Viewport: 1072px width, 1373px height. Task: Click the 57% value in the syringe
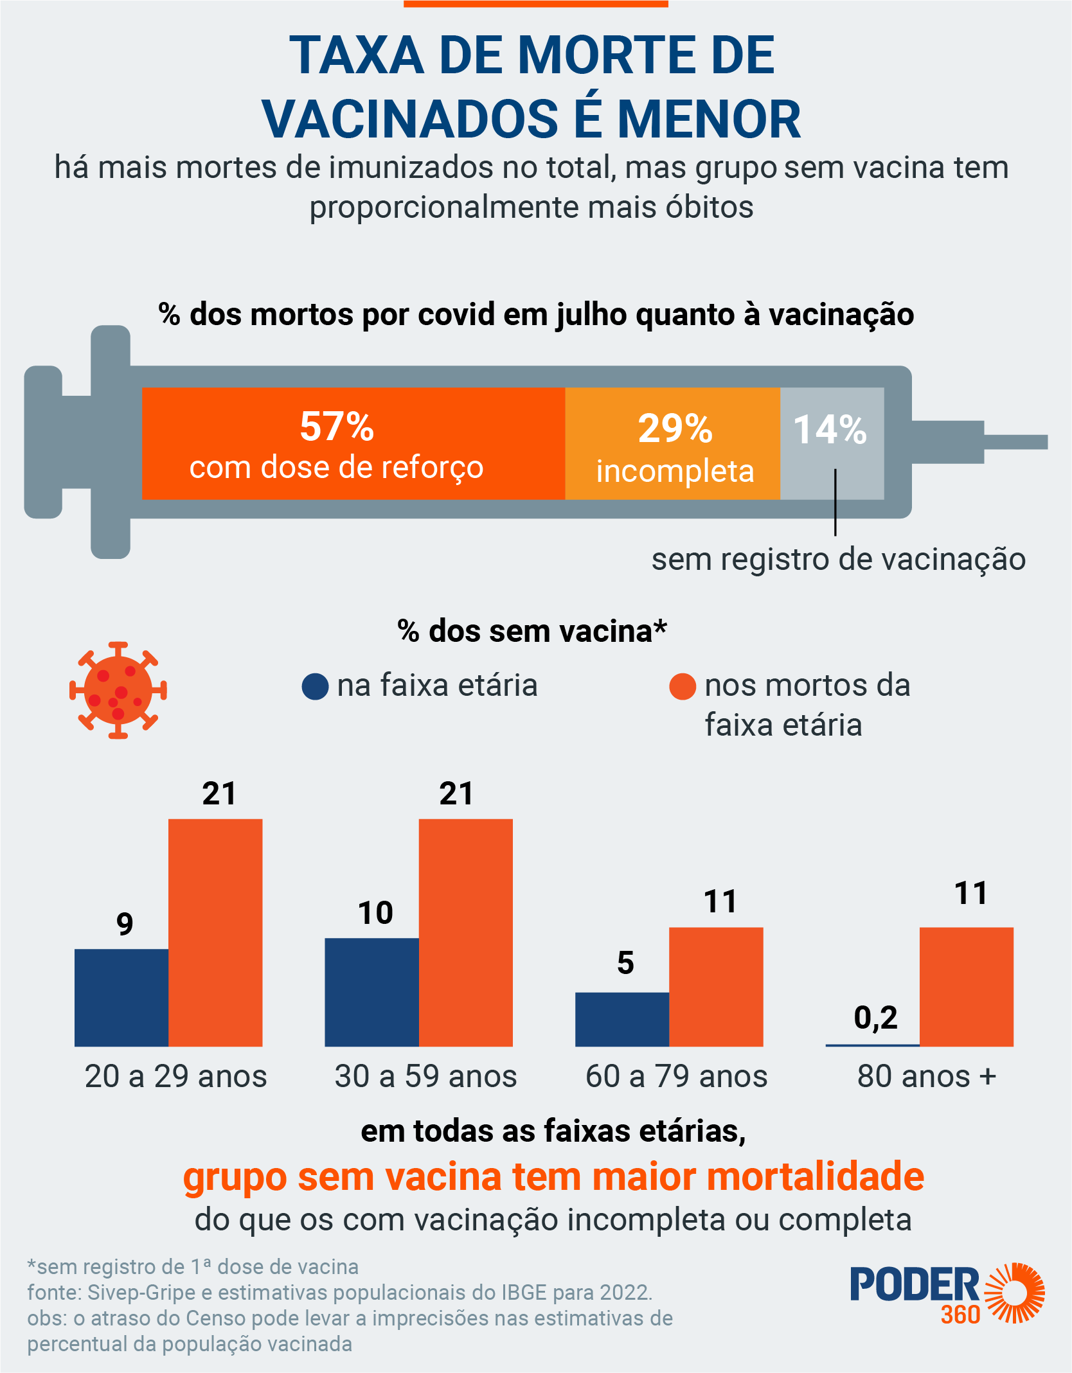(x=337, y=427)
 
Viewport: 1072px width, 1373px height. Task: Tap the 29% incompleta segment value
(x=675, y=429)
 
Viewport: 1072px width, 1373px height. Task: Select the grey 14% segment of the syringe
(x=832, y=443)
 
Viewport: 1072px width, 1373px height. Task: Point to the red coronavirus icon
(x=118, y=691)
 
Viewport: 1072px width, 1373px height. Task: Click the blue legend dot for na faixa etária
(x=315, y=686)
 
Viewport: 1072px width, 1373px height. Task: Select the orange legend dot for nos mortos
(x=683, y=686)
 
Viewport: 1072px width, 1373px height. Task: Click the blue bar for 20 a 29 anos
(x=121, y=997)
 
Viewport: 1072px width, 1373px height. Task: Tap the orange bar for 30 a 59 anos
(x=466, y=932)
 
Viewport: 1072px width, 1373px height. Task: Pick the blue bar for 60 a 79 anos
(x=622, y=1019)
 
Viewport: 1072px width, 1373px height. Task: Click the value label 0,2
(x=875, y=1018)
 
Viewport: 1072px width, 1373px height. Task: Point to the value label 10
(x=375, y=913)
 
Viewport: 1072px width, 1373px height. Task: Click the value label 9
(x=125, y=924)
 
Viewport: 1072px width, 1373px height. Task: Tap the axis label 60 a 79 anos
(x=676, y=1076)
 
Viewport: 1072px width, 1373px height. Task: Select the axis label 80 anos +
(x=926, y=1076)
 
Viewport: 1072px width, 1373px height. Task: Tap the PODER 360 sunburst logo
(x=1014, y=1293)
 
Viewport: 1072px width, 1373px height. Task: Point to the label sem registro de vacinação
(x=838, y=559)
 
